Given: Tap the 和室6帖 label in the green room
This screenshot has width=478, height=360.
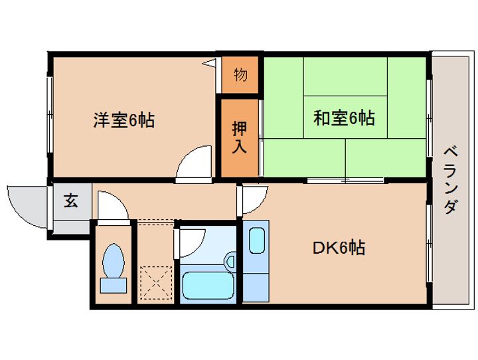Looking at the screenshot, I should (x=344, y=118).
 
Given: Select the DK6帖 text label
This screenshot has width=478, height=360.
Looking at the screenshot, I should (x=339, y=248).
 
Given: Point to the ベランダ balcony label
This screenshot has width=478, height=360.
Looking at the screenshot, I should (x=449, y=179).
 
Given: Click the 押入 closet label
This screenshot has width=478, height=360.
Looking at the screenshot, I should (x=240, y=137).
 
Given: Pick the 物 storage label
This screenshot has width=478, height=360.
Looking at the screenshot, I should (x=240, y=74).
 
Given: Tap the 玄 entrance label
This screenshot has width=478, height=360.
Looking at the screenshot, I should (x=70, y=201).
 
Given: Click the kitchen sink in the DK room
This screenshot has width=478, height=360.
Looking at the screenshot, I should (x=256, y=240).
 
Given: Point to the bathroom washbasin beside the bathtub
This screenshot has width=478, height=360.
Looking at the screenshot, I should (x=230, y=260).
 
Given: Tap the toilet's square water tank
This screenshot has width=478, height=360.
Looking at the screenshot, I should (x=112, y=285).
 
